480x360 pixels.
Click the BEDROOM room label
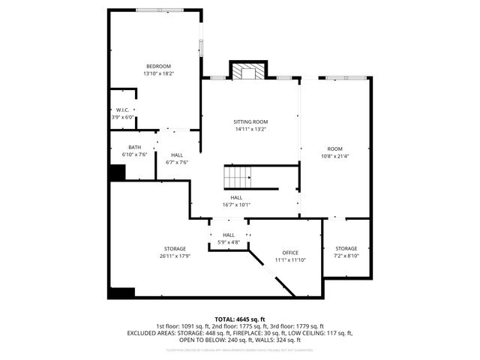tap(158, 67)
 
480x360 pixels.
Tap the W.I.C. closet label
tap(123, 110)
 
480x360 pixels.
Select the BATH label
tap(134, 147)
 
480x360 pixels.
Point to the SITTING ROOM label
tap(250, 121)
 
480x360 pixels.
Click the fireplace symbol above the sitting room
tap(247, 71)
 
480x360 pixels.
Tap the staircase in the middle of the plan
tap(238, 178)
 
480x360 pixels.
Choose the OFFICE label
tap(290, 253)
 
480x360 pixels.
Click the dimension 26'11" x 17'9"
tap(175, 256)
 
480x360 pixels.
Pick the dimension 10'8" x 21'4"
tap(334, 156)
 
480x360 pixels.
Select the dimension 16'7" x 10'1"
tap(236, 204)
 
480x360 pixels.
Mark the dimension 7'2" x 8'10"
tap(346, 256)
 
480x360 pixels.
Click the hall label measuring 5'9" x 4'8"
tap(229, 242)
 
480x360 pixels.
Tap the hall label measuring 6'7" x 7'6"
tap(177, 162)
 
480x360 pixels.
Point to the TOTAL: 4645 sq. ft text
tap(239, 319)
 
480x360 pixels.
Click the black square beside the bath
tap(117, 172)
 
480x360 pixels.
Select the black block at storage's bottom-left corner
tap(120, 292)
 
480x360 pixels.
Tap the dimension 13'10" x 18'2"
tap(158, 73)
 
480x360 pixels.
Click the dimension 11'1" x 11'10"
tap(290, 259)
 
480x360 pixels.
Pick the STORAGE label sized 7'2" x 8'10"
tap(346, 248)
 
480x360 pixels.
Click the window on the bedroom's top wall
tap(157, 10)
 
